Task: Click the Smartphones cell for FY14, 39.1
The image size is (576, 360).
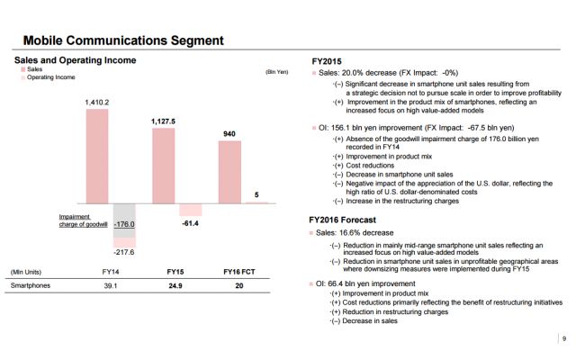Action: pyautogui.click(x=110, y=285)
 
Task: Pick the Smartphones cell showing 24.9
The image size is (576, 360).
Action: pyautogui.click(x=175, y=285)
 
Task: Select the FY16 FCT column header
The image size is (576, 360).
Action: pyautogui.click(x=241, y=271)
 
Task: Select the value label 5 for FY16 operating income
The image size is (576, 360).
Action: pyautogui.click(x=259, y=194)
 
